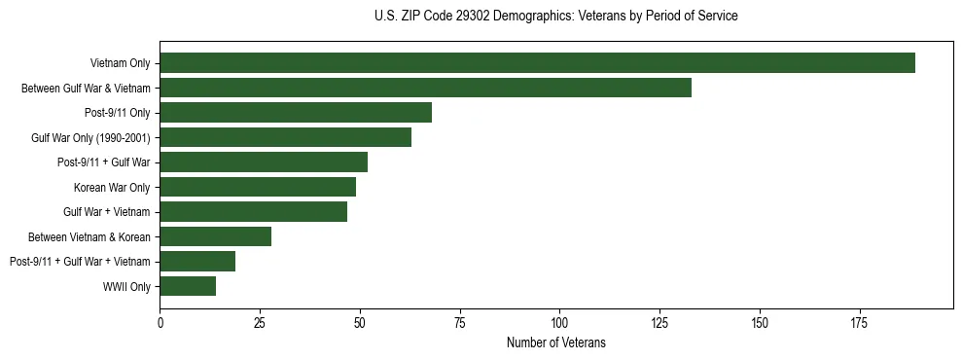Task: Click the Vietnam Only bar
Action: [537, 63]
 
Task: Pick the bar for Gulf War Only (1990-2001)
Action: [285, 137]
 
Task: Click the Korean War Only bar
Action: [258, 187]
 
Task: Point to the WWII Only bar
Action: [188, 286]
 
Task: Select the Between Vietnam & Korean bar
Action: [215, 236]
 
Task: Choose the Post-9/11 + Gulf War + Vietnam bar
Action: [197, 261]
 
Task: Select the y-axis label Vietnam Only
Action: [120, 63]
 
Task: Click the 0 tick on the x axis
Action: [160, 322]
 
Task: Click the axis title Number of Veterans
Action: [555, 342]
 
